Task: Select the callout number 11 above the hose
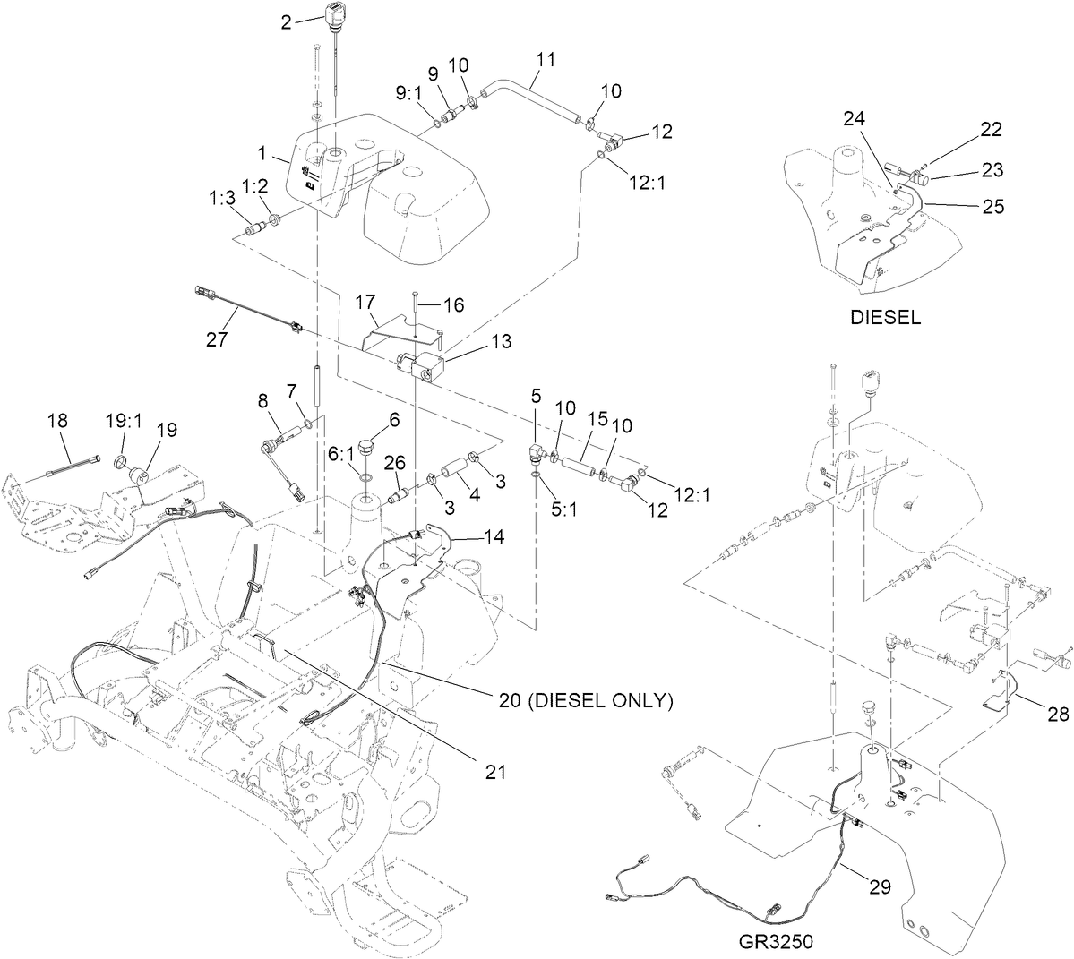pos(546,60)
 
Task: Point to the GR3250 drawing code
pos(777,942)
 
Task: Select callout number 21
pos(495,771)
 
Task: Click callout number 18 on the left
pos(56,420)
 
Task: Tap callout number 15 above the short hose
pos(597,419)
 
